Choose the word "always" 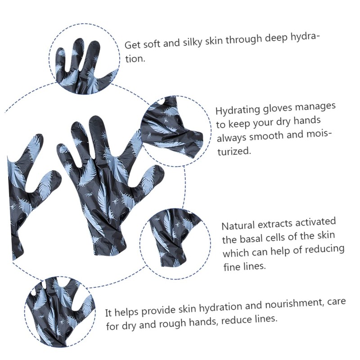(x=232, y=138)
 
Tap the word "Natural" (x=238, y=225)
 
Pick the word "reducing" (x=326, y=249)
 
